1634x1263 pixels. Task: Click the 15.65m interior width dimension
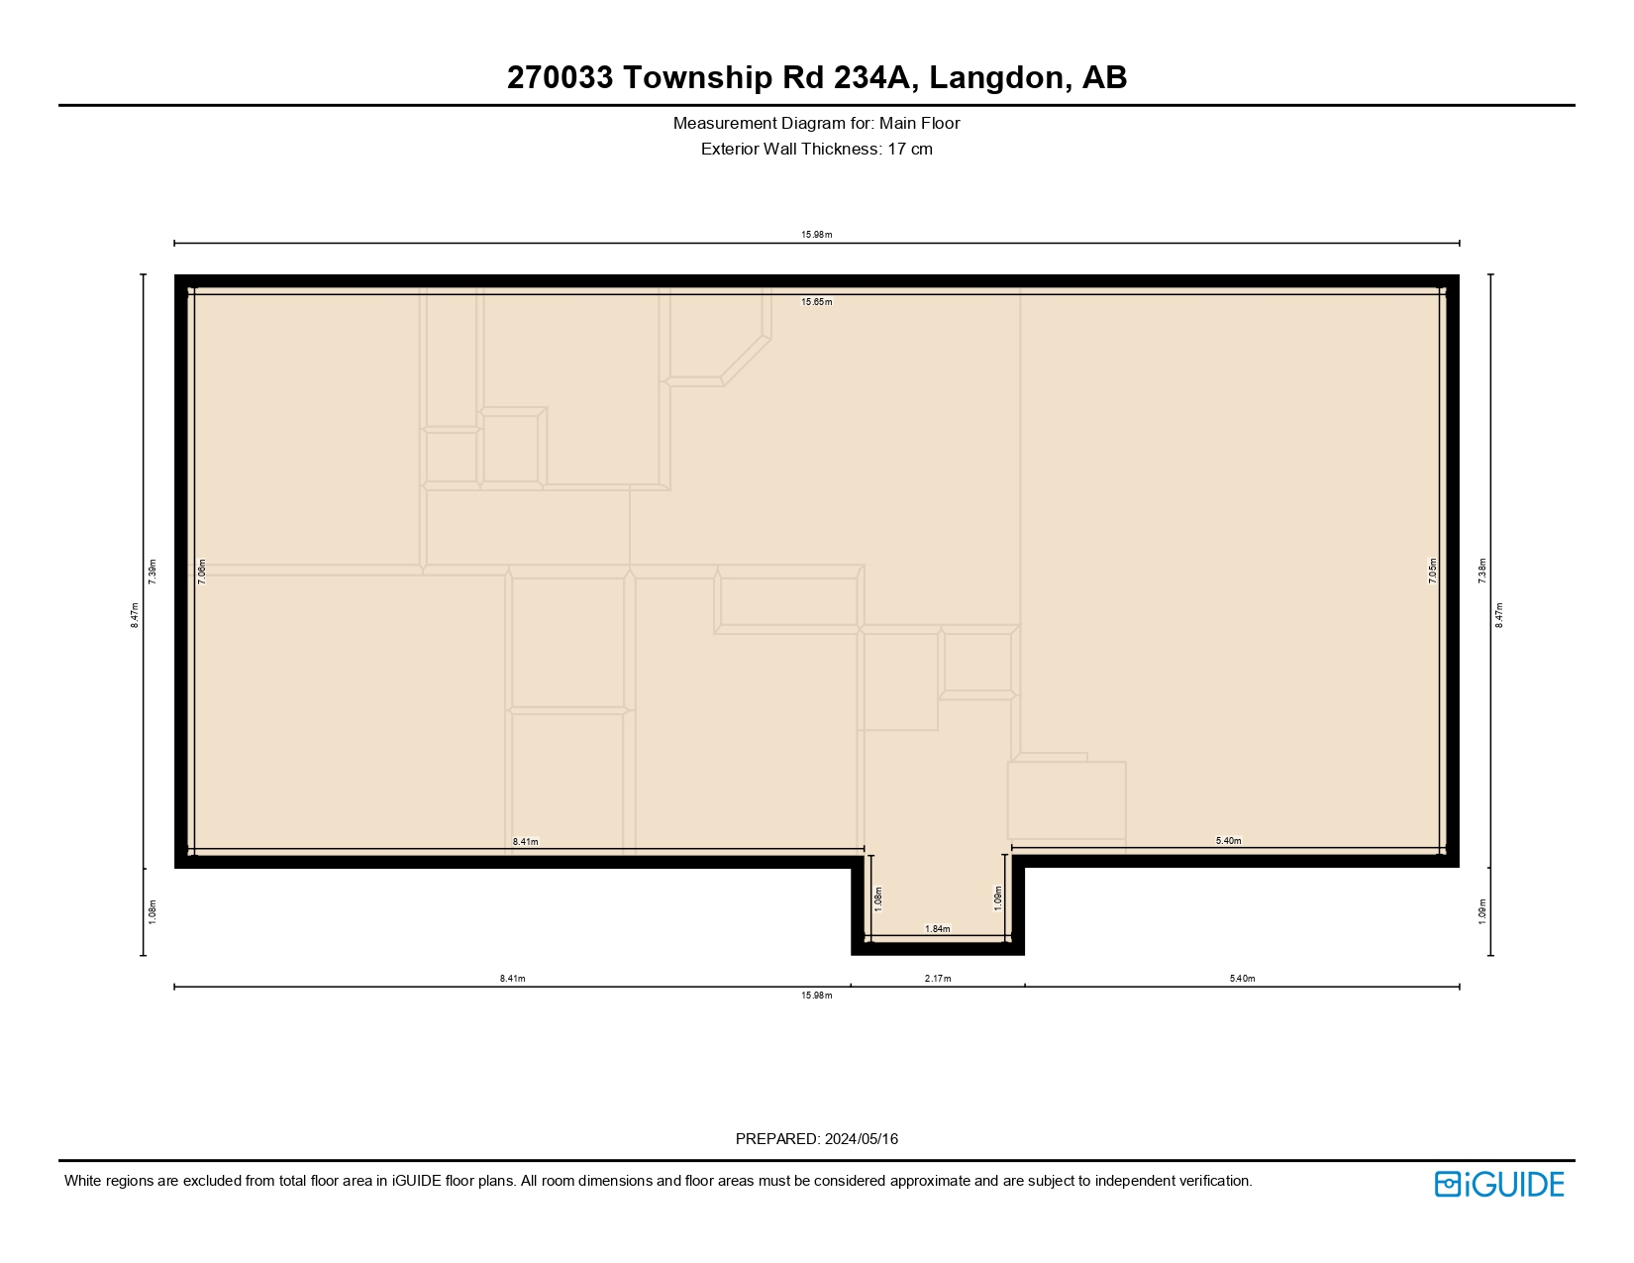coord(817,302)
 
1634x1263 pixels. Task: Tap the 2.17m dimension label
coord(938,979)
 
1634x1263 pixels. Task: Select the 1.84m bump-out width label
coord(938,929)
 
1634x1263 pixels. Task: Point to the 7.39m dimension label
coord(153,572)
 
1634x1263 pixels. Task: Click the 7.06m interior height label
coord(202,572)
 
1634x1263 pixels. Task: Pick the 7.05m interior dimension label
coord(1433,571)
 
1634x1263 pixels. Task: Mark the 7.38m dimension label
coord(1482,571)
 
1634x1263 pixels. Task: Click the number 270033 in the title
coord(560,77)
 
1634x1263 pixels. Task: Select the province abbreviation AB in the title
coord(1104,77)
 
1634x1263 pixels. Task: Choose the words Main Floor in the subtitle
coord(920,124)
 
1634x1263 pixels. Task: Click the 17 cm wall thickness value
coord(910,150)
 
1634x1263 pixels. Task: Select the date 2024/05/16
coord(862,1139)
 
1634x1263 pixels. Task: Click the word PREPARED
coord(777,1139)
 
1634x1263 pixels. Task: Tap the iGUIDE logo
coord(1499,1184)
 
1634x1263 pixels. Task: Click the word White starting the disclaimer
coord(84,1181)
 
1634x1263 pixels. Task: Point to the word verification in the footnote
coord(1213,1181)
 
